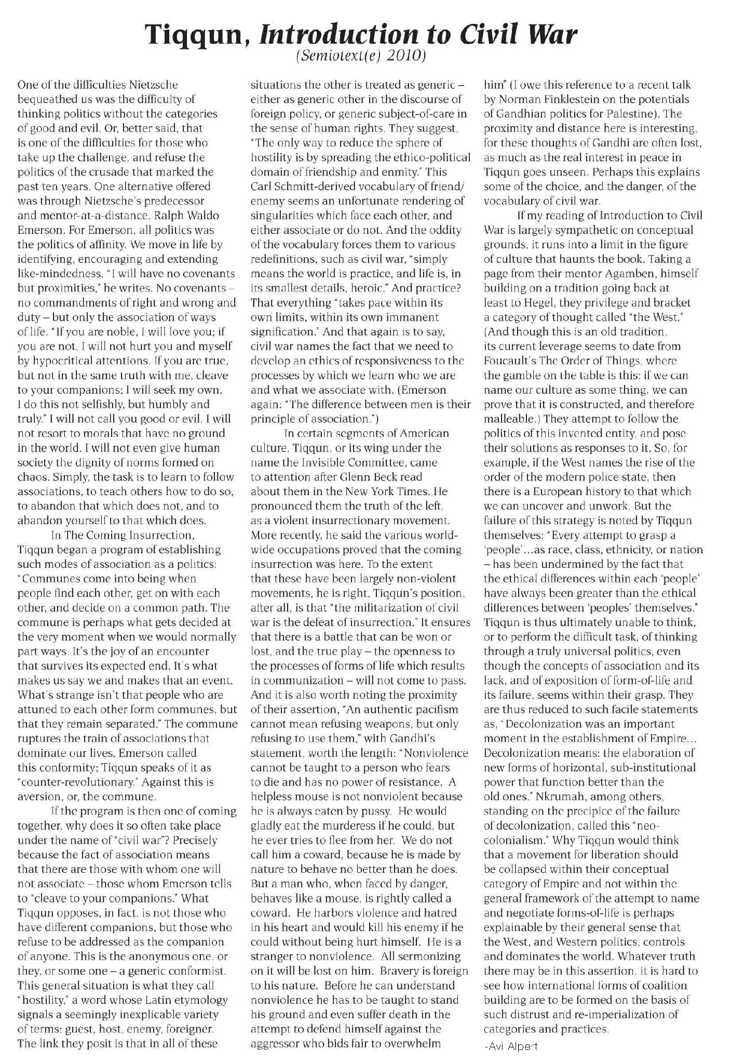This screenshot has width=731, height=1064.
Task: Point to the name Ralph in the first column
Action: click(x=156, y=215)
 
